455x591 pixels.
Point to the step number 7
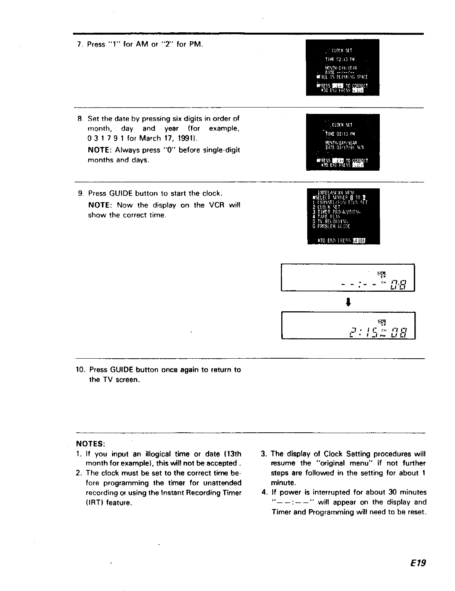(x=79, y=44)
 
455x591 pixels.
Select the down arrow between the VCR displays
(x=348, y=302)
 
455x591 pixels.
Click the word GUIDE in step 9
(x=120, y=194)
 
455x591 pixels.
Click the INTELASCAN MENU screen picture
(x=343, y=216)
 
